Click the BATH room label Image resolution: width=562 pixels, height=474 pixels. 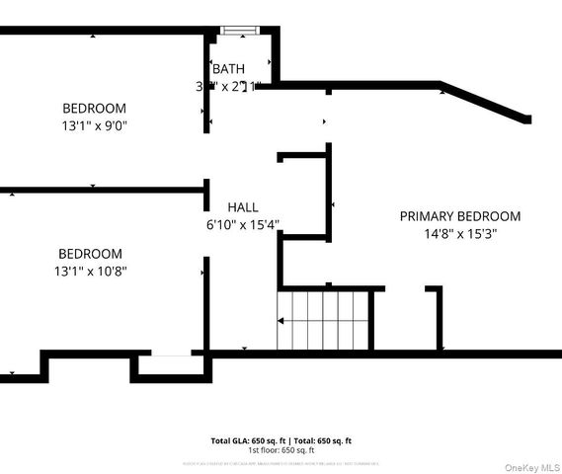coord(228,68)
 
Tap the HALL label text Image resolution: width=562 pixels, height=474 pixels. coord(243,207)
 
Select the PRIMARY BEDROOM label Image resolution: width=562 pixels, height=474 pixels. coord(459,216)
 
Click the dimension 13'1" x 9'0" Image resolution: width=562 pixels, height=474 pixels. coord(94,125)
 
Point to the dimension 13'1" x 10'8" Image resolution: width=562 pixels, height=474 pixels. coord(90,271)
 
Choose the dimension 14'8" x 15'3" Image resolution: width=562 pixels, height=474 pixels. coord(460,235)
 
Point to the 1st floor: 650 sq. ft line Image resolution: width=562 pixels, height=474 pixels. coord(281,450)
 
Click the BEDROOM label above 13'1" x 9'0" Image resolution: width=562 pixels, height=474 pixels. coord(94,108)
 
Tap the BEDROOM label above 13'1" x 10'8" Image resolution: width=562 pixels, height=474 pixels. coord(90,254)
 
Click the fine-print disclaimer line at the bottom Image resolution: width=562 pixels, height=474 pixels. coord(281,462)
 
